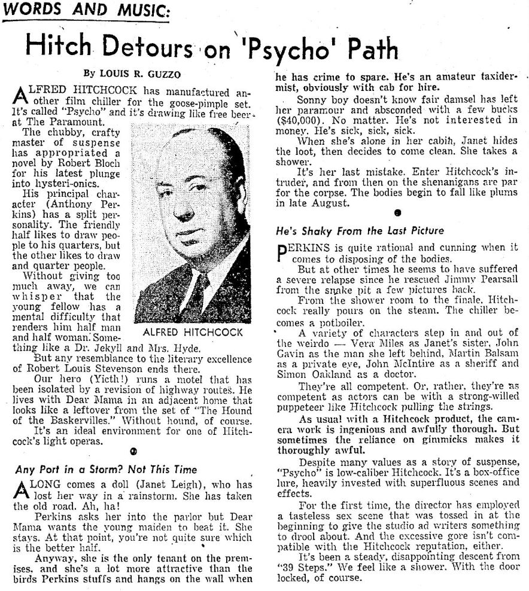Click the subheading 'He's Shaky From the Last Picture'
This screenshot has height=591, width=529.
click(x=360, y=230)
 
